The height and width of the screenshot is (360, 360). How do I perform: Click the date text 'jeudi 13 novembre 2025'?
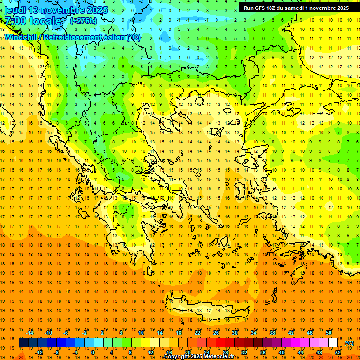(56, 9)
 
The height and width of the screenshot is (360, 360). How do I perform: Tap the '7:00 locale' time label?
(33, 21)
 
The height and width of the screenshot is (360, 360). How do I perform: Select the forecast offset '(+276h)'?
(84, 21)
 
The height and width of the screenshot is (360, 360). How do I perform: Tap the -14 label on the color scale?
(30, 333)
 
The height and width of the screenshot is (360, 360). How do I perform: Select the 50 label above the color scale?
(328, 333)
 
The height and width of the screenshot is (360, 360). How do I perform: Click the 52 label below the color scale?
(338, 352)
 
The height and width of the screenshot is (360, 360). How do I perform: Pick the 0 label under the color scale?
(93, 352)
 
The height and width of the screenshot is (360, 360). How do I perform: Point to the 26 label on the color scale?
(216, 333)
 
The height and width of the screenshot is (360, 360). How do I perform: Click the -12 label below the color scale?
(39, 352)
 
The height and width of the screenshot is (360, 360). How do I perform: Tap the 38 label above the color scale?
(272, 333)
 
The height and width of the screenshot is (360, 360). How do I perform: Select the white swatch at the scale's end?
(333, 343)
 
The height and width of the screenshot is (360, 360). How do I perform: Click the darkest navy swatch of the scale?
(23, 343)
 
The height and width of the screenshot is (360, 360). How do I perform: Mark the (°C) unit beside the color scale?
(349, 343)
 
